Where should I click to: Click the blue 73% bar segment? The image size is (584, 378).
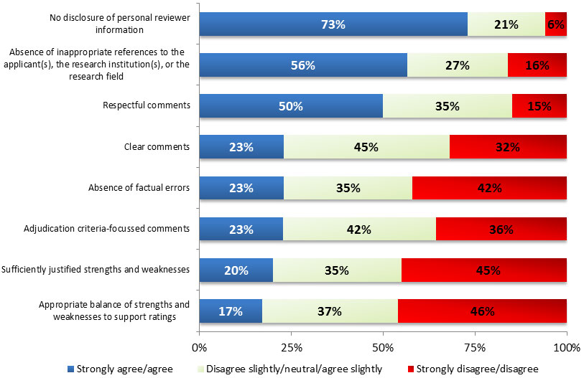pos(333,24)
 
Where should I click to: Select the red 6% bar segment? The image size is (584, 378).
pos(556,24)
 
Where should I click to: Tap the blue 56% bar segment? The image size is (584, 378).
pos(302,65)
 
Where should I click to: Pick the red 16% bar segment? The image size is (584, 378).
pos(537,65)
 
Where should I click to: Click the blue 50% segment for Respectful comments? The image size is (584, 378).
pos(291,106)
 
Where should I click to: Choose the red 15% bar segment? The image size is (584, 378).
pos(539,106)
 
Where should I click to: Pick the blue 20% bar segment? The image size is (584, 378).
pos(236,270)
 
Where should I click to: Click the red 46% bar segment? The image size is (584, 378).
pos(482,311)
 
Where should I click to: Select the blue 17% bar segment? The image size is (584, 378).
pos(230,311)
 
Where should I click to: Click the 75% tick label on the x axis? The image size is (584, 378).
pos(475,348)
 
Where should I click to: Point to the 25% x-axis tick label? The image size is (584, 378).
pos(291,348)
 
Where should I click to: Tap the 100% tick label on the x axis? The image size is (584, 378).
pos(566,348)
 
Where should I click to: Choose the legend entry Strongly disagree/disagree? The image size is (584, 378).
pos(488,368)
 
